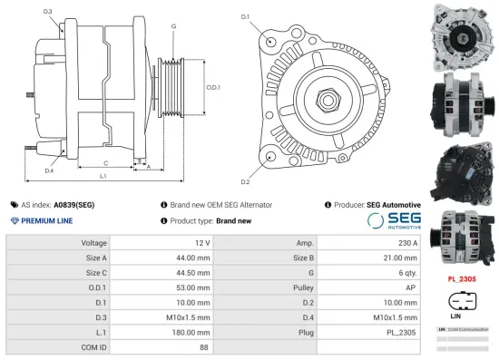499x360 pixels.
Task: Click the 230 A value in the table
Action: point(407,243)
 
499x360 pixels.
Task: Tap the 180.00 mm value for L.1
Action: point(193,332)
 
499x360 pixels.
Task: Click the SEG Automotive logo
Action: point(392,220)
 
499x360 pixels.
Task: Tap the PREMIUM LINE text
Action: point(42,221)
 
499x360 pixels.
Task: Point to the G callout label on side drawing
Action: point(172,27)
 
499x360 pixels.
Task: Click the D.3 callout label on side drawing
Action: point(48,11)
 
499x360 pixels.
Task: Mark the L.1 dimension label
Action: point(103,174)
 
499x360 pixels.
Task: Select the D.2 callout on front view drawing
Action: point(245,169)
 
